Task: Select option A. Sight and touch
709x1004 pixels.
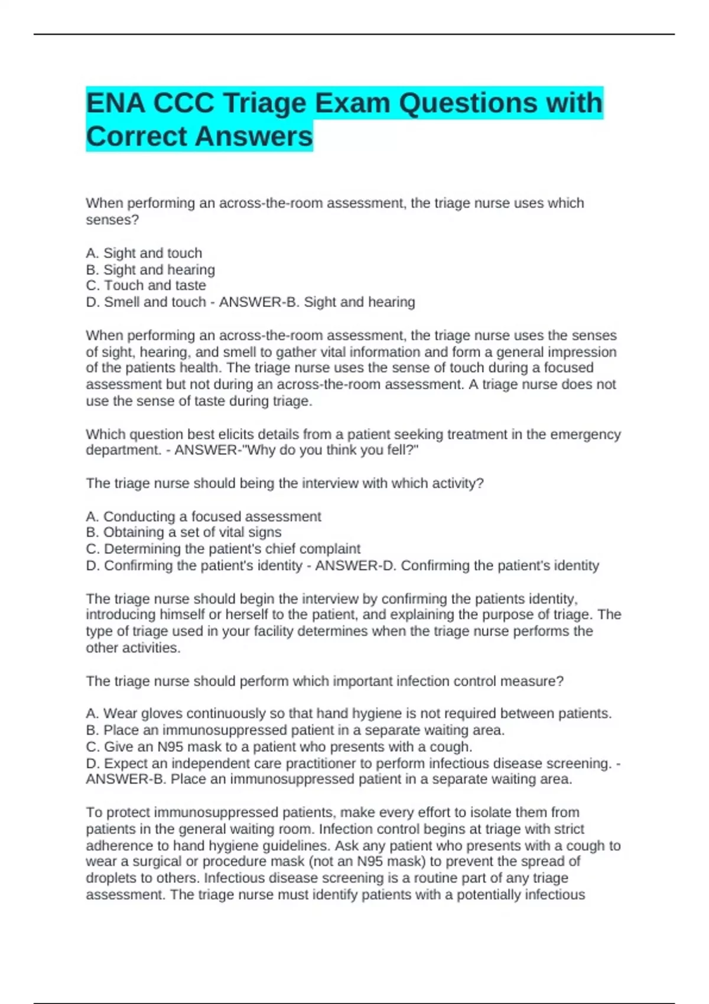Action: coord(144,253)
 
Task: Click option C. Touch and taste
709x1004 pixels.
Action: coord(146,285)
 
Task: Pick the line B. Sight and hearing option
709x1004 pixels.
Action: coord(150,269)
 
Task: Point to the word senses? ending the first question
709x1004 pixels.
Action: coord(112,220)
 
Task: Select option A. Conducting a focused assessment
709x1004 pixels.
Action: coord(203,516)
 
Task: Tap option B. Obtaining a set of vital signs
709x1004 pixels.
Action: coord(183,532)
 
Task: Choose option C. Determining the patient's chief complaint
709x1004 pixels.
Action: coord(223,549)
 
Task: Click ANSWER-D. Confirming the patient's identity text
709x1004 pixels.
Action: coord(457,565)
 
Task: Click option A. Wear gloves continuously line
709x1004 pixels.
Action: coord(348,713)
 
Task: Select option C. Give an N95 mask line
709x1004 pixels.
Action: coord(279,747)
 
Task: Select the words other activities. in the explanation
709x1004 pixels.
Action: coord(133,648)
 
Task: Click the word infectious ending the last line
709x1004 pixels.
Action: coord(550,895)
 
